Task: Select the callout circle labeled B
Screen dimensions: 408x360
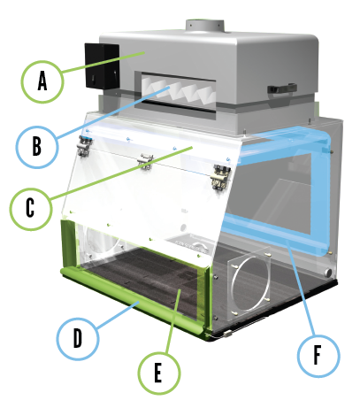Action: [x=37, y=144]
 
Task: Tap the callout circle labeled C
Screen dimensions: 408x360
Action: [x=31, y=209]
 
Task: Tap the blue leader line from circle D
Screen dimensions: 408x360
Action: [x=115, y=312]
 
